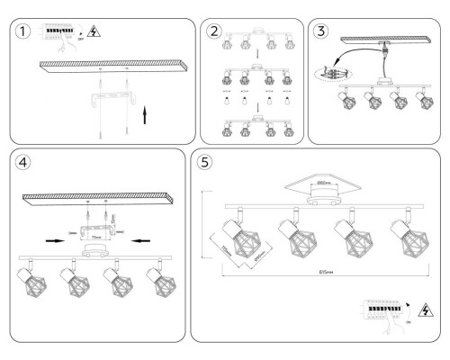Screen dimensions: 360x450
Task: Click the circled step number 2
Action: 214,31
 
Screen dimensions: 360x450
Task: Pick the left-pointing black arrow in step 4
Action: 136,240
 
